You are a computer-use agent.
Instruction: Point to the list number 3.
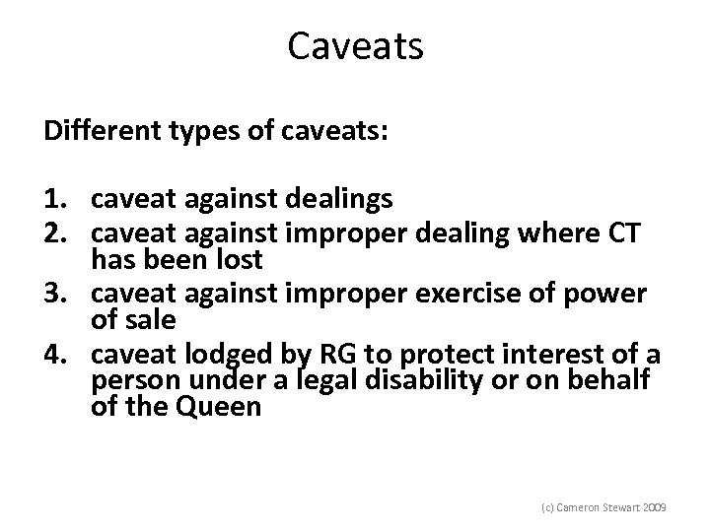54,294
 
